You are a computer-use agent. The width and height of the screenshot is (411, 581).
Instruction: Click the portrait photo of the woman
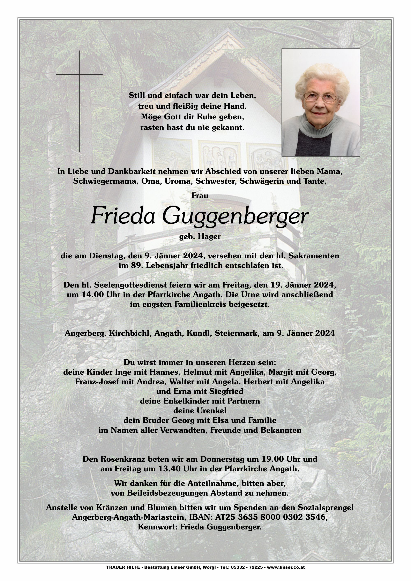pos(321,102)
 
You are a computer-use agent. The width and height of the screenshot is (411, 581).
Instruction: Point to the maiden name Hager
pos(209,237)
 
